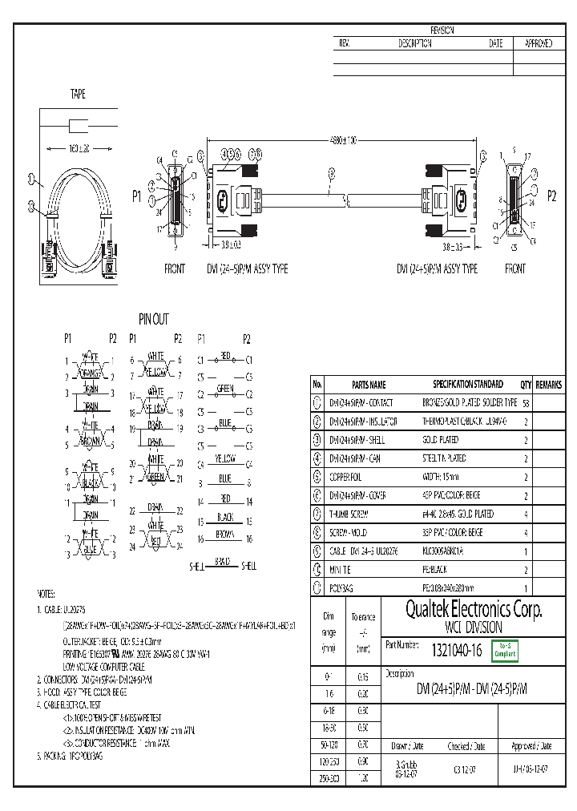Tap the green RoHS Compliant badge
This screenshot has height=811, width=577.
(x=505, y=651)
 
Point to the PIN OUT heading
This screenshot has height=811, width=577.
(x=154, y=319)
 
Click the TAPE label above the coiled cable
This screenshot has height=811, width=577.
(x=78, y=95)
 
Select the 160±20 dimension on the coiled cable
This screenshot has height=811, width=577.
(x=78, y=149)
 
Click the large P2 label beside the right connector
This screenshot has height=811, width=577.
(x=551, y=196)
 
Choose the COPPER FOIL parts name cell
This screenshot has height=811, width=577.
(x=346, y=477)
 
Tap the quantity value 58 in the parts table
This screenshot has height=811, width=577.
(x=525, y=403)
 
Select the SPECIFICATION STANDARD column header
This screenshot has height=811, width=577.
(x=468, y=385)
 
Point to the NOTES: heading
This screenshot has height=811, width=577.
(x=46, y=594)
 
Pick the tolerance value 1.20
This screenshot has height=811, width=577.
(x=362, y=778)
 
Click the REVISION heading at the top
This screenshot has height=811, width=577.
(x=442, y=30)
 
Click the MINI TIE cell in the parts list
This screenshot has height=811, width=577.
(x=343, y=569)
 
